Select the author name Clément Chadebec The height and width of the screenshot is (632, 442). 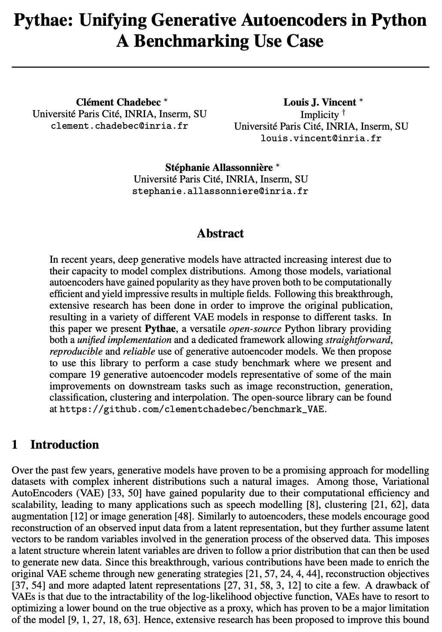[x=119, y=102]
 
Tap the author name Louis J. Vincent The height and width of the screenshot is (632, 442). [x=320, y=102]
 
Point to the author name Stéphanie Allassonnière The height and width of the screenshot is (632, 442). [x=219, y=167]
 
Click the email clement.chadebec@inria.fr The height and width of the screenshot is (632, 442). [x=119, y=126]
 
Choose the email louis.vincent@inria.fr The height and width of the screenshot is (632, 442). [x=321, y=138]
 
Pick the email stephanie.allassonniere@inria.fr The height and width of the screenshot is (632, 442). [x=220, y=191]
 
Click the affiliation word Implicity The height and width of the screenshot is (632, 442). [x=319, y=115]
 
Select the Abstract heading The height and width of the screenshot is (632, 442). [x=220, y=234]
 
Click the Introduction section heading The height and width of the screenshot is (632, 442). [x=64, y=444]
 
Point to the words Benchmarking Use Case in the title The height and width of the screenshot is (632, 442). [x=240, y=42]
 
